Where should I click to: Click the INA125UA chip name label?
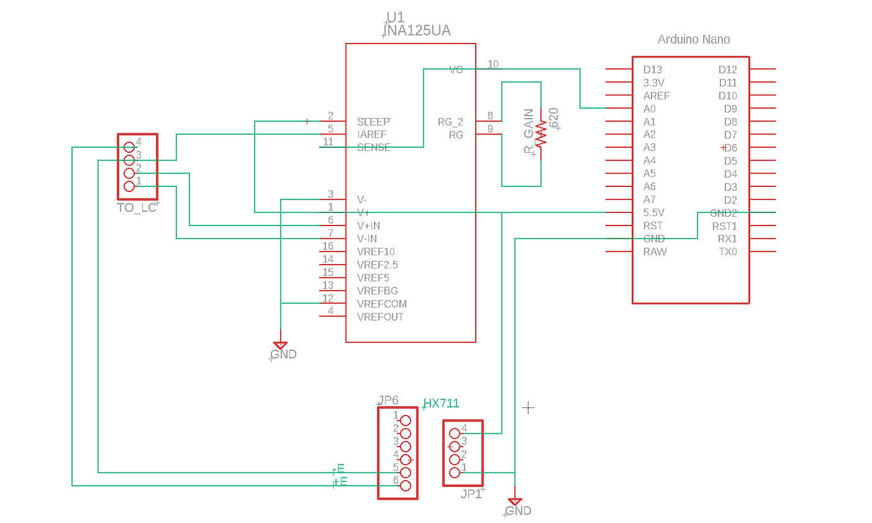tap(418, 30)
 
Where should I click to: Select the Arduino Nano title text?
tap(694, 39)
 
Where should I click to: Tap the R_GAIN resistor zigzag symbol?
tap(541, 134)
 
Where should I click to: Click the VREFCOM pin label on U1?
tap(382, 304)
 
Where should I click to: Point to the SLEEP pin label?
tap(373, 121)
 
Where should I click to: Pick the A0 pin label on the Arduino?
tap(649, 109)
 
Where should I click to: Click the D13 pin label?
tap(653, 69)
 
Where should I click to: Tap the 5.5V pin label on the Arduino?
tap(654, 213)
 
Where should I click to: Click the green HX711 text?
tap(441, 404)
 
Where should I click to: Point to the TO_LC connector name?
tap(136, 208)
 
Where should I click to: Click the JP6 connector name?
tap(388, 400)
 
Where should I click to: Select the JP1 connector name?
tap(471, 494)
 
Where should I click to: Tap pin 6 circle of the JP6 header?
tap(406, 486)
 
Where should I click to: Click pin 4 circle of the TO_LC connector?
tap(130, 147)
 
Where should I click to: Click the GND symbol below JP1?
tap(516, 503)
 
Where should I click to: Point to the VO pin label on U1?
tap(456, 69)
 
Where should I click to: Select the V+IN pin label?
tap(368, 225)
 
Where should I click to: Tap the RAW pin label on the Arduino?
tap(655, 252)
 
